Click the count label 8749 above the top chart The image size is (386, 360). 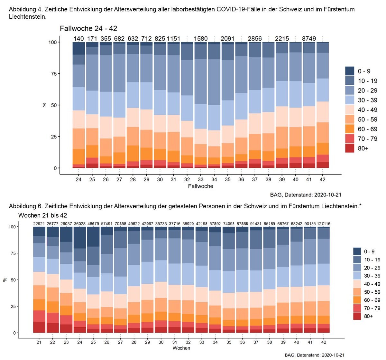point(309,39)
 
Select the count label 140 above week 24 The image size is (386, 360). point(78,39)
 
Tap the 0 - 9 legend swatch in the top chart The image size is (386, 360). point(350,71)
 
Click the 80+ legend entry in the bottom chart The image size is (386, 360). point(369,316)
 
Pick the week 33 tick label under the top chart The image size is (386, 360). point(201,179)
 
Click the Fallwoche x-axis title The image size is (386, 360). point(201,186)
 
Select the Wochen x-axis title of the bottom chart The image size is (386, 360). point(181,348)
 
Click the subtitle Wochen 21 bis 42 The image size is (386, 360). point(43,215)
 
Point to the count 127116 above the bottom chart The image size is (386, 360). point(324,224)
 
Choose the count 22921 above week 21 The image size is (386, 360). point(39,224)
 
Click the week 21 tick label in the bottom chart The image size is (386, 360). point(39,342)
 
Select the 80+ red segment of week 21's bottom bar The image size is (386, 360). point(39,327)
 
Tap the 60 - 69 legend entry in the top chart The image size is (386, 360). point(367,129)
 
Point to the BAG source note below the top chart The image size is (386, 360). point(306,195)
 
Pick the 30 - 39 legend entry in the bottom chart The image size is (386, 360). point(372,276)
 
